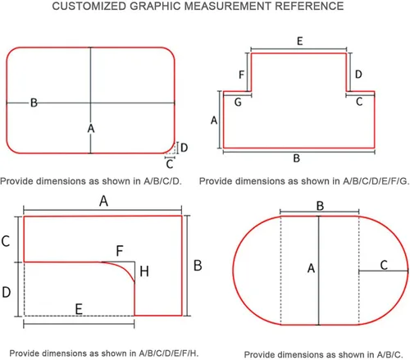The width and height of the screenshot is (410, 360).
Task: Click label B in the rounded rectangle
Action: click(x=34, y=103)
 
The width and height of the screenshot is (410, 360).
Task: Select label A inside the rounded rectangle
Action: click(x=91, y=128)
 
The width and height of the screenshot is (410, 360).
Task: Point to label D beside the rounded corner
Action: click(x=184, y=148)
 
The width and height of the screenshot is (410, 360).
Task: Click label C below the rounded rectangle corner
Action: click(x=170, y=164)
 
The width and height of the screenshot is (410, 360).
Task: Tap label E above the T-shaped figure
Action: click(x=300, y=41)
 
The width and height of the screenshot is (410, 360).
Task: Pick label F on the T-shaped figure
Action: click(x=241, y=75)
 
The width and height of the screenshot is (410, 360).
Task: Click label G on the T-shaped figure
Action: click(x=238, y=103)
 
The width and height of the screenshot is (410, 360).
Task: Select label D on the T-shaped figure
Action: click(x=358, y=74)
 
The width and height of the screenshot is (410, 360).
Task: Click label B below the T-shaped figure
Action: click(x=297, y=158)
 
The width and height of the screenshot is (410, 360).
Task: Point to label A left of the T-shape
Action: click(x=214, y=120)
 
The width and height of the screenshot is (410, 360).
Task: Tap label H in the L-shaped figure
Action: click(x=144, y=271)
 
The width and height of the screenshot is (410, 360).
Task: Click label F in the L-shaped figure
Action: click(x=120, y=250)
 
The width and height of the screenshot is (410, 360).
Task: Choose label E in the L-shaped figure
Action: click(x=79, y=309)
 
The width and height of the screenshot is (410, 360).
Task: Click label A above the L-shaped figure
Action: click(x=103, y=201)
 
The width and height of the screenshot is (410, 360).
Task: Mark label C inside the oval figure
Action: click(x=384, y=265)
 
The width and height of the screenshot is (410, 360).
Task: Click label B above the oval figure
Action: click(x=320, y=206)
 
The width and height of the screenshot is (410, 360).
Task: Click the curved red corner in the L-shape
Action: click(x=125, y=268)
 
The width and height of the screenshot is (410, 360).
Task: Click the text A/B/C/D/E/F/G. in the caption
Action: click(x=376, y=181)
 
